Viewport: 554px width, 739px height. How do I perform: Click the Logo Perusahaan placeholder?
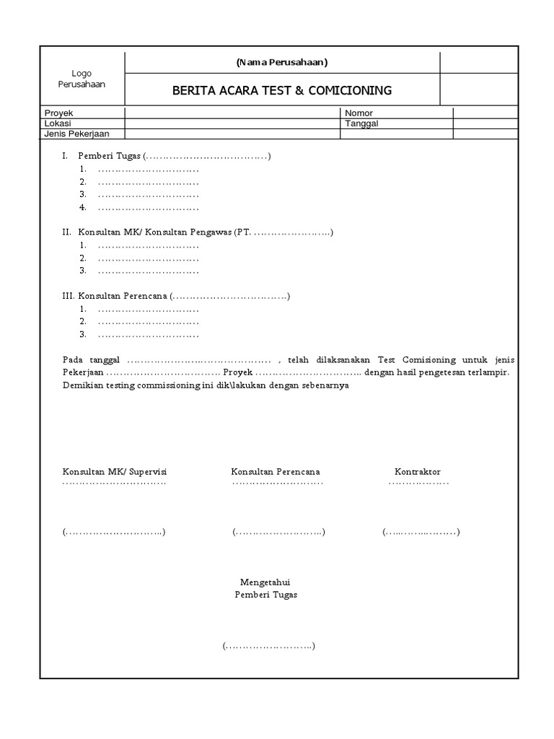tap(82, 79)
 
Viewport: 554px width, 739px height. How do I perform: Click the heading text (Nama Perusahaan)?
tap(282, 62)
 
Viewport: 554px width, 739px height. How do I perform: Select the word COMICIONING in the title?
tap(351, 90)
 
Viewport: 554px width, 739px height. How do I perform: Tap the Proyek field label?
tap(59, 113)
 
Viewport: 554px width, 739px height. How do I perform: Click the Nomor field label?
tap(359, 113)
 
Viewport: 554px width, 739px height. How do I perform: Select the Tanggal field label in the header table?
tap(361, 123)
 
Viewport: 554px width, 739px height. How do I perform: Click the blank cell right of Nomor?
tap(485, 113)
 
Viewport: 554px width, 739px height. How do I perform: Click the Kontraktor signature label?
tap(417, 471)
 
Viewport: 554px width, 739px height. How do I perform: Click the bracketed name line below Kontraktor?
tap(421, 532)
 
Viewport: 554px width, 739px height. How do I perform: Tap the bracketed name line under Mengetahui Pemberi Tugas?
tap(268, 646)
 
